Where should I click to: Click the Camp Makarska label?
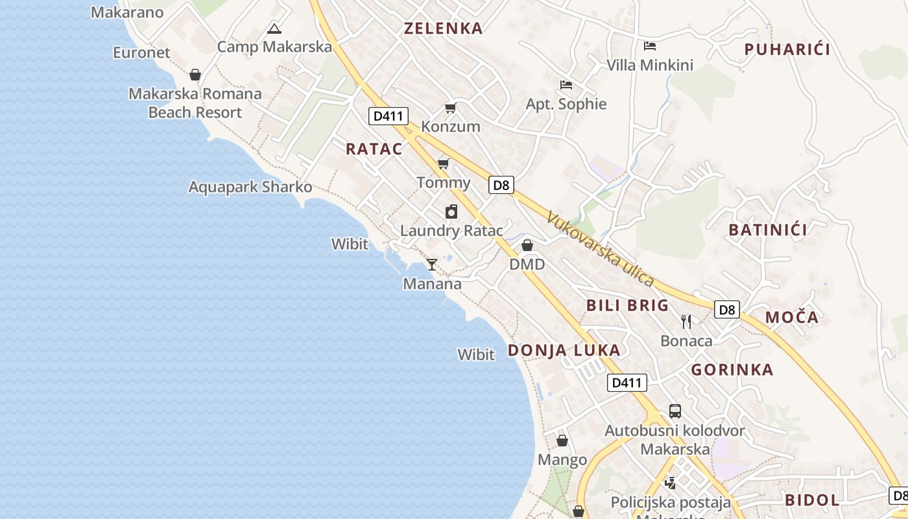point(274,47)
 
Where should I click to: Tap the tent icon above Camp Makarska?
point(274,29)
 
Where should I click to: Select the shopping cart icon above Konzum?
point(450,108)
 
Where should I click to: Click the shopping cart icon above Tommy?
point(444,163)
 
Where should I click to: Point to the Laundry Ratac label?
point(451,230)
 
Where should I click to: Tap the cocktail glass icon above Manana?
point(431,264)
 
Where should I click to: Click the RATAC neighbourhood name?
point(374,149)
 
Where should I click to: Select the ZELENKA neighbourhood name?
point(444,29)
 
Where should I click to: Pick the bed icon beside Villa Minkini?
point(650,45)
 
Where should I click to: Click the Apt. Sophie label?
point(566,104)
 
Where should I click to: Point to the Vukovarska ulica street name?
point(599,248)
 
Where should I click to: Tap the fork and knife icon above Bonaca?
point(686,321)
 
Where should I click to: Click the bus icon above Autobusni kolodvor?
point(675,411)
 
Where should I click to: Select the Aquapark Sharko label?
point(250,187)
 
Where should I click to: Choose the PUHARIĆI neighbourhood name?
point(787,49)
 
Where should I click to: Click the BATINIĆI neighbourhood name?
point(768,230)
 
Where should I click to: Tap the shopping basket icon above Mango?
point(562,441)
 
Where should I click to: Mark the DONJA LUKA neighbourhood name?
point(564,350)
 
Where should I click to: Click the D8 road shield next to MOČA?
point(728,309)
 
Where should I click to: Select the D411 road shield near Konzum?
point(388,116)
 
